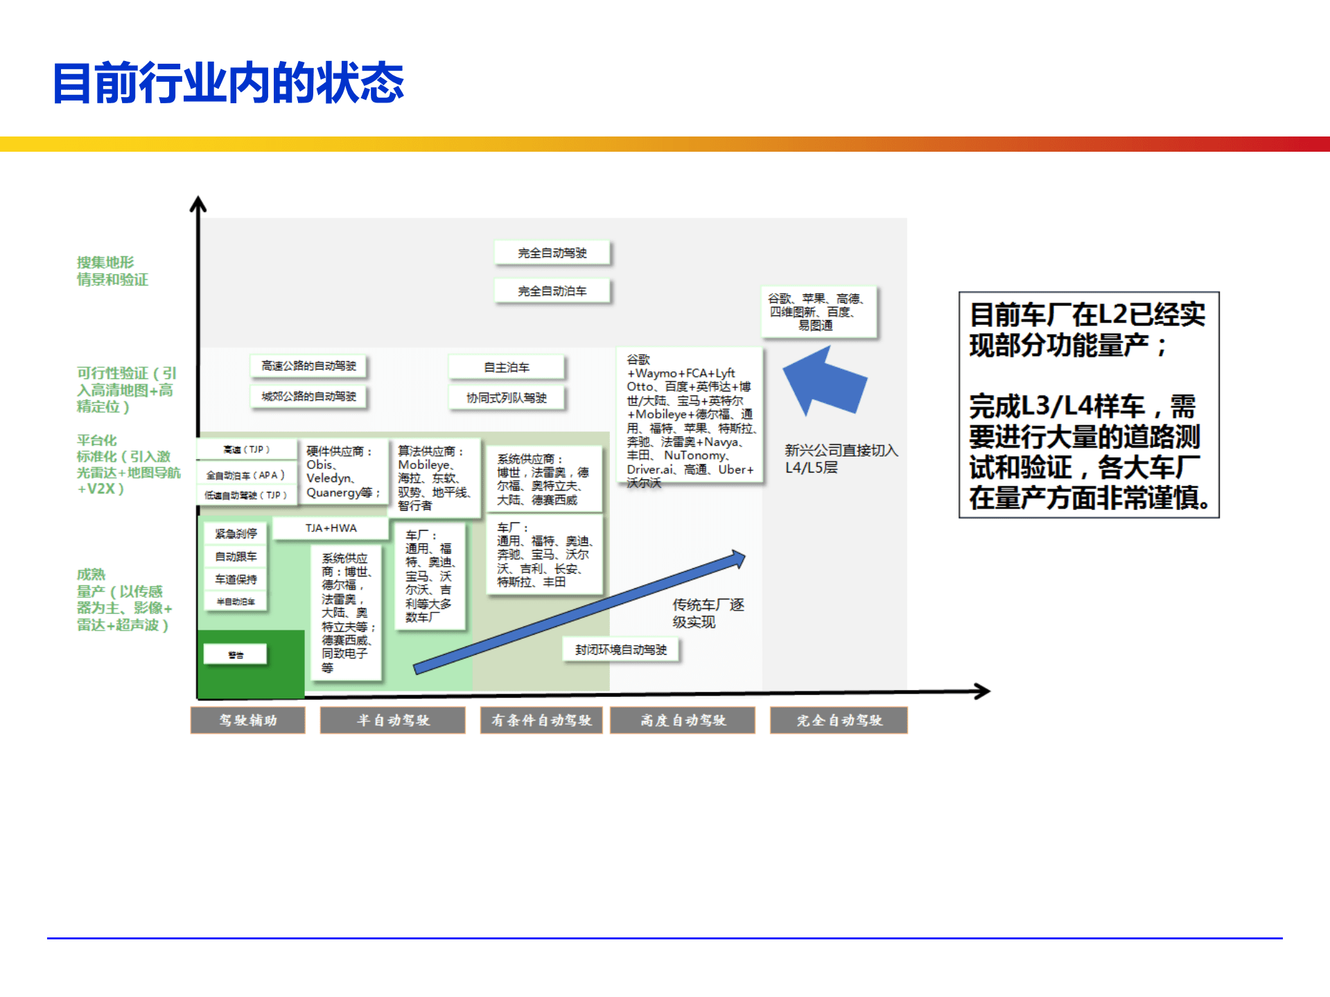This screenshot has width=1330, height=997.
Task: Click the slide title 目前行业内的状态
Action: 228,83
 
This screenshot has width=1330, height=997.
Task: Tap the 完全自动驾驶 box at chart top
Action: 552,253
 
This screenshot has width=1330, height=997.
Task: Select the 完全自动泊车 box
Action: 552,291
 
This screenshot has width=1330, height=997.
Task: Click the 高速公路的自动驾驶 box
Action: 308,366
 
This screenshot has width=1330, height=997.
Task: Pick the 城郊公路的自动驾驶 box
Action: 308,396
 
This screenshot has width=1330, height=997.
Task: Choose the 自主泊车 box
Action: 507,367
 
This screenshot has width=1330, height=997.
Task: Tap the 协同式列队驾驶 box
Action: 507,398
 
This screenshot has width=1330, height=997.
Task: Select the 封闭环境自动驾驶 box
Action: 621,650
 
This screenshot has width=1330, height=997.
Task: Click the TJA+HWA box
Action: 331,528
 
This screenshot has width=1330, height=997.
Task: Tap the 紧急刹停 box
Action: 236,533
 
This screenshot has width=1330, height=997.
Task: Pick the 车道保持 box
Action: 236,579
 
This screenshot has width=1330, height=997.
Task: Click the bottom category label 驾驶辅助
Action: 248,721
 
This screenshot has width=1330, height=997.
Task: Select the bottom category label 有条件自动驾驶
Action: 541,721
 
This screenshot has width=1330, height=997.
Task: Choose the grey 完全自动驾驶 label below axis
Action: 839,721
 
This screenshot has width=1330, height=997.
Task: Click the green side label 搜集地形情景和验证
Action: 112,271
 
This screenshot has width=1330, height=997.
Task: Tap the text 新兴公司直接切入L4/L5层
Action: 841,459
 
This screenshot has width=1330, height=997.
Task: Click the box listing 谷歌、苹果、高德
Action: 819,312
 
